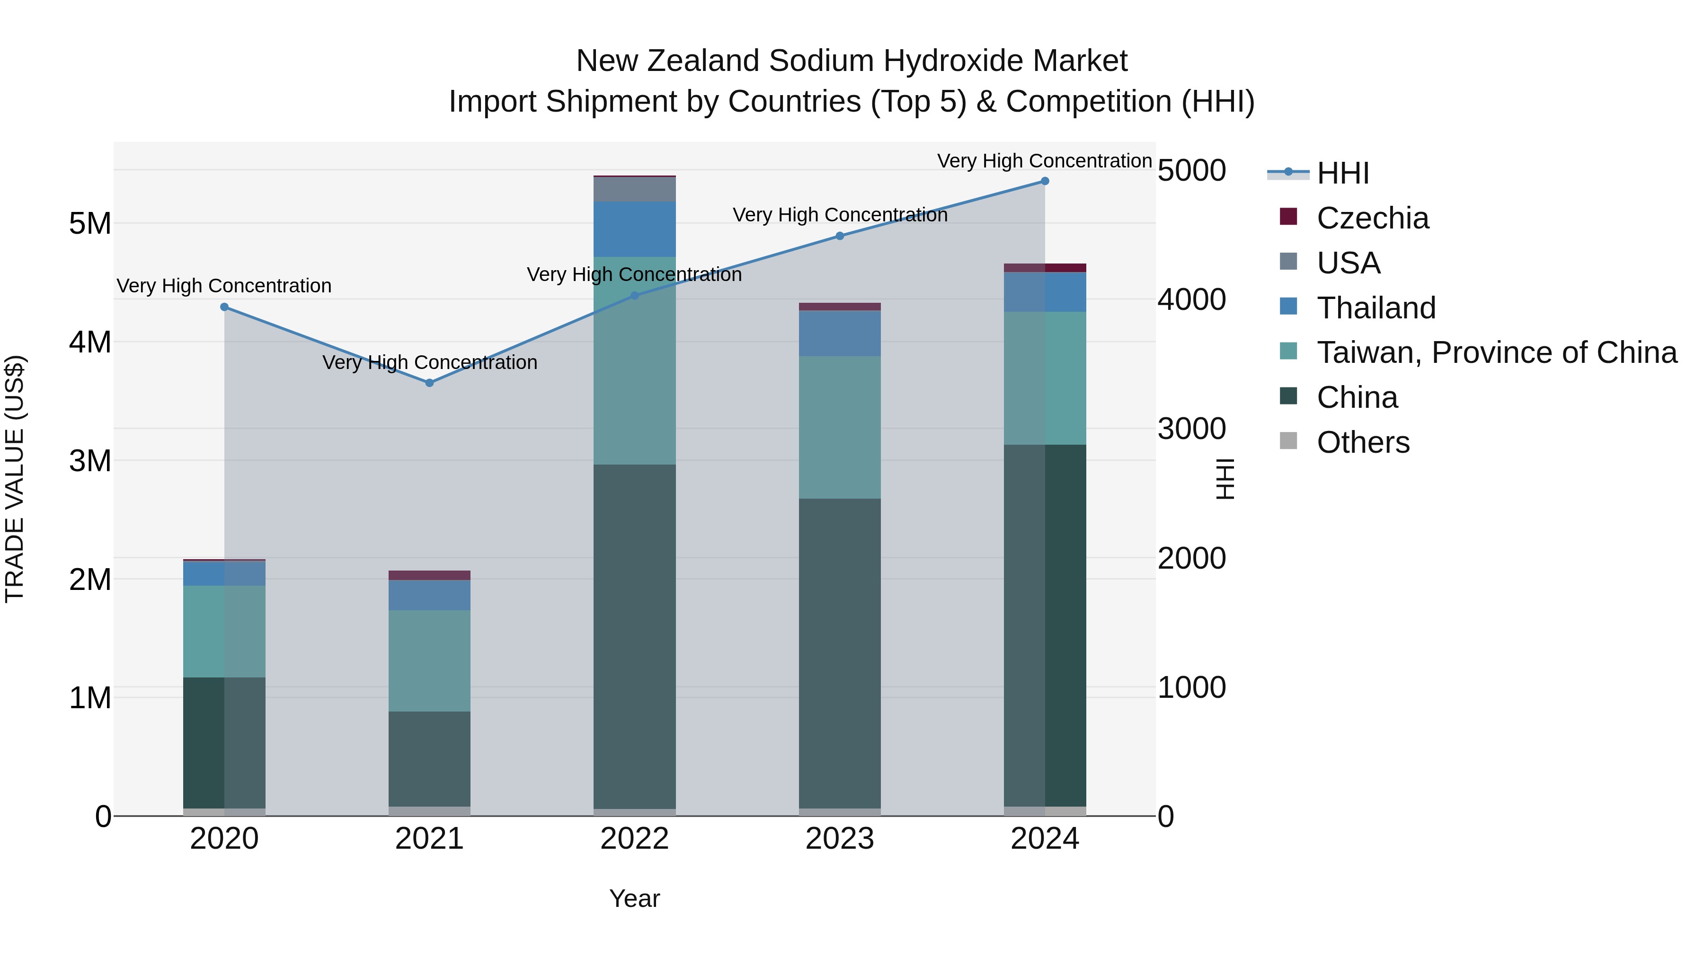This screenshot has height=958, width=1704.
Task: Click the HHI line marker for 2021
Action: (429, 383)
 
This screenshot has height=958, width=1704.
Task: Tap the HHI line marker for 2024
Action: (1045, 181)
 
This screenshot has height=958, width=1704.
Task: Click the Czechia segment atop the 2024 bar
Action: (1045, 268)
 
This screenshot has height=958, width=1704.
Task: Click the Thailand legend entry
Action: (1376, 308)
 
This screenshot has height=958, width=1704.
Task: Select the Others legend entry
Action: (1363, 442)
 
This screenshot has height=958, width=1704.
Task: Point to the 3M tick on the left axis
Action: (90, 461)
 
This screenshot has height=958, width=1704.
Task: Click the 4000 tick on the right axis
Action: (1191, 299)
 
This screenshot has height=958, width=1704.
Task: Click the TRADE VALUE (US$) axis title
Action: (15, 479)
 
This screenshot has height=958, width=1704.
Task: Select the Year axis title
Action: (634, 898)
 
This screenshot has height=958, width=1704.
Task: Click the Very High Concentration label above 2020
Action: (224, 286)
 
